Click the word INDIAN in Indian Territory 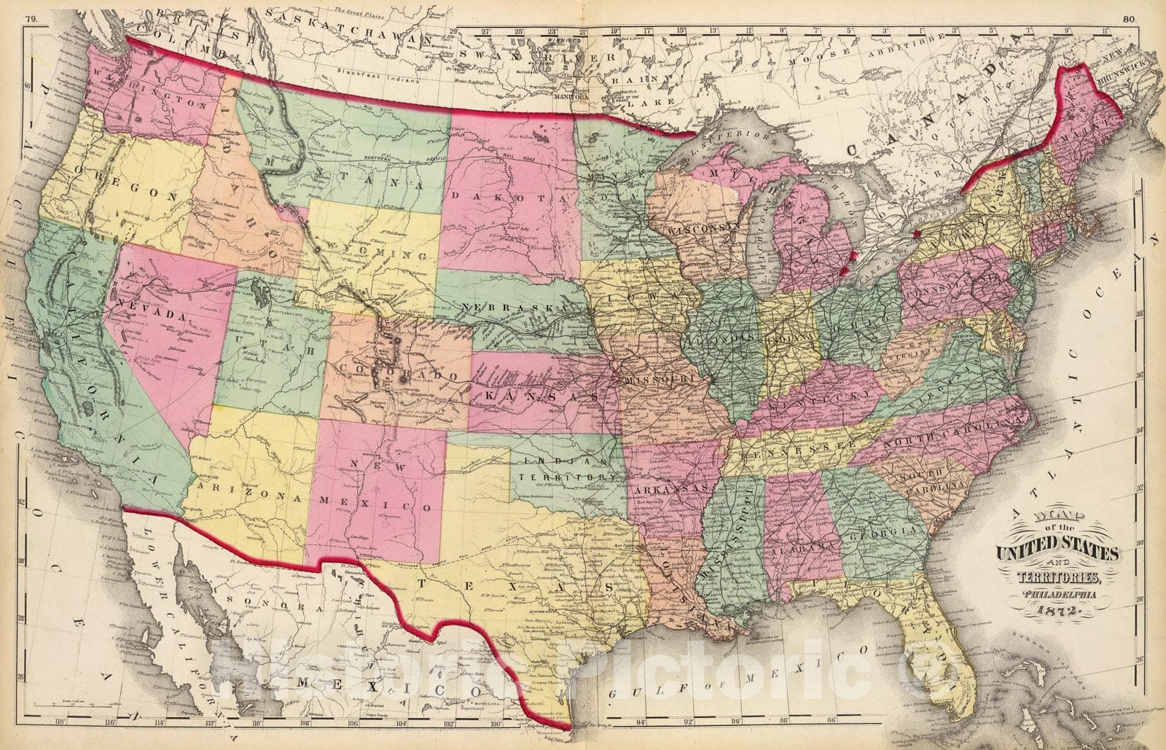pyautogui.click(x=554, y=462)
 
